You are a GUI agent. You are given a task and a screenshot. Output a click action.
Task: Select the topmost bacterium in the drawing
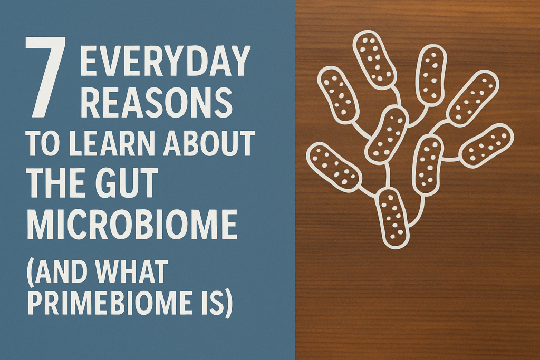click(x=374, y=59)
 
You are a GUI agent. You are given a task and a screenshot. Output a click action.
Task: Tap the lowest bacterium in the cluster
click(x=393, y=217)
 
